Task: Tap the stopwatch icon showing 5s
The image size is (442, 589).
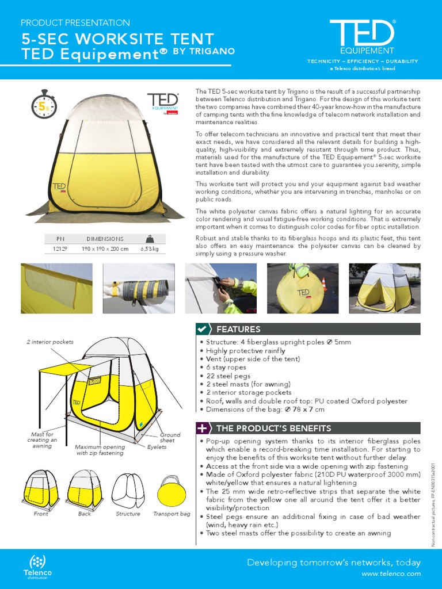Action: point(44,106)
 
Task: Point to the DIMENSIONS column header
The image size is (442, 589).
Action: point(105,239)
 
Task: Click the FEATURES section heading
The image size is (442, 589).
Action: point(238,330)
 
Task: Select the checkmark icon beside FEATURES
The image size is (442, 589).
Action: point(202,330)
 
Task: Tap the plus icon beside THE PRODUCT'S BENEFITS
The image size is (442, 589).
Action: point(202,429)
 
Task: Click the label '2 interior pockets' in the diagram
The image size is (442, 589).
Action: point(50,342)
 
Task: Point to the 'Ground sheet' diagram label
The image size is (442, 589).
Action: point(170,438)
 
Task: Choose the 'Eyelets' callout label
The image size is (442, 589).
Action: point(157,446)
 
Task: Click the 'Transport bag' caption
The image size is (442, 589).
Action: point(172,514)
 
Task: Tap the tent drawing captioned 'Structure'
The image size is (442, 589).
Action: point(128,489)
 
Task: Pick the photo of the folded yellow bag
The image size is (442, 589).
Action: point(302,289)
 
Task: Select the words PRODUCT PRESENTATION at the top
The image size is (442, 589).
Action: point(75,23)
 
